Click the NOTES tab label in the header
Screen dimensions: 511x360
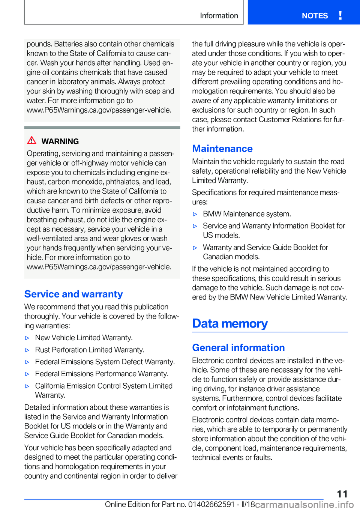315,16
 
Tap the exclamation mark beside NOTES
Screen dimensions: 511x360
340,15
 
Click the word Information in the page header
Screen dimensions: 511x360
219,16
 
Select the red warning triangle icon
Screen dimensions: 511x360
32,141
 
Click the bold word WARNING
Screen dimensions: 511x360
60,141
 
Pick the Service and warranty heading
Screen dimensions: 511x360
73,294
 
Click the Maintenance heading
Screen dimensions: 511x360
222,149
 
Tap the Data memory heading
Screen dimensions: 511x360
230,323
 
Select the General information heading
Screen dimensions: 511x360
238,348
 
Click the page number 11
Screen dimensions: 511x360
342,494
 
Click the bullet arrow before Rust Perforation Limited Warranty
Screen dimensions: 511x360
27,350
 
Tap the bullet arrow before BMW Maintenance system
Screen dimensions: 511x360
195,214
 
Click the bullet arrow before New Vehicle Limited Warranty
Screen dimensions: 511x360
27,338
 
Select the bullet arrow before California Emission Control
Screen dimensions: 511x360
27,386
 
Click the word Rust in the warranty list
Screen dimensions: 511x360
42,350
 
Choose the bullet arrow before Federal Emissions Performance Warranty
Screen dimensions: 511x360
27,374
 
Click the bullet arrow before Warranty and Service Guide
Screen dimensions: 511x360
195,248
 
